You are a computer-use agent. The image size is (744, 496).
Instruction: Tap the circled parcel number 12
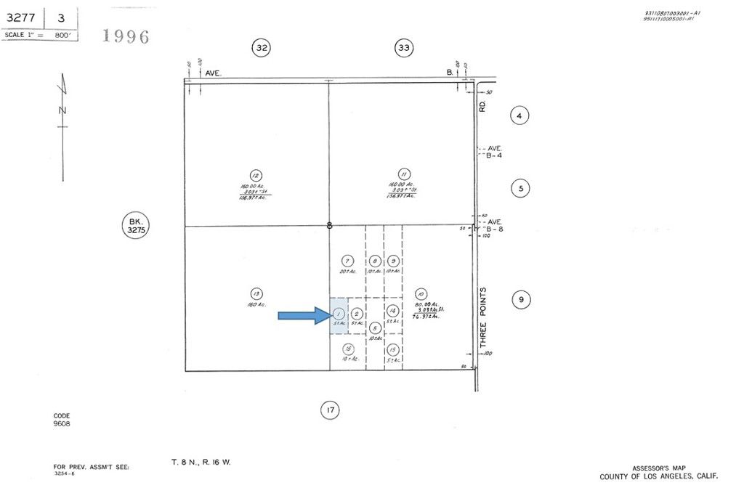[256, 175]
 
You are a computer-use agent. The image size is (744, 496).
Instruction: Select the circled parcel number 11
[405, 174]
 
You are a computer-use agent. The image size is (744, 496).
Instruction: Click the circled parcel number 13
[256, 293]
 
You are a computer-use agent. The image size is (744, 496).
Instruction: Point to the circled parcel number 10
[421, 293]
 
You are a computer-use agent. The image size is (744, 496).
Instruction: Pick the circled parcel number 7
[347, 261]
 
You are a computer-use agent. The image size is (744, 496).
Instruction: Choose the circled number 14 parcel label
[393, 309]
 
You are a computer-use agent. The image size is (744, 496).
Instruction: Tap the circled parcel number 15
[393, 349]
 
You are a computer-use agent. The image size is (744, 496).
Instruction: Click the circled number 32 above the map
[262, 49]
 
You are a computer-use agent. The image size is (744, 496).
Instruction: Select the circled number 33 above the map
[404, 49]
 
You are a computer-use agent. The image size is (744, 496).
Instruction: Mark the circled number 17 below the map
[330, 411]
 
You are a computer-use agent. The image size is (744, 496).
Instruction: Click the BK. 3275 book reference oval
[134, 224]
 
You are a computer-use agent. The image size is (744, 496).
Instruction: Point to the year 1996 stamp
[126, 36]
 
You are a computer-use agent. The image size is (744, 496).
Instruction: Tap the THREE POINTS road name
[483, 317]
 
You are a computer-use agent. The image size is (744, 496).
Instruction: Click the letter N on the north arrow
[62, 110]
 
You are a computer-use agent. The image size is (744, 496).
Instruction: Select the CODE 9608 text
[62, 420]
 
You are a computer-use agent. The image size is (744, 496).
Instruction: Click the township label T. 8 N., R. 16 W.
[201, 462]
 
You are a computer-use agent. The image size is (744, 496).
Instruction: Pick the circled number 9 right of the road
[519, 298]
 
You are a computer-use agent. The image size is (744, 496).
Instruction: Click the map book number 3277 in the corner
[22, 17]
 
